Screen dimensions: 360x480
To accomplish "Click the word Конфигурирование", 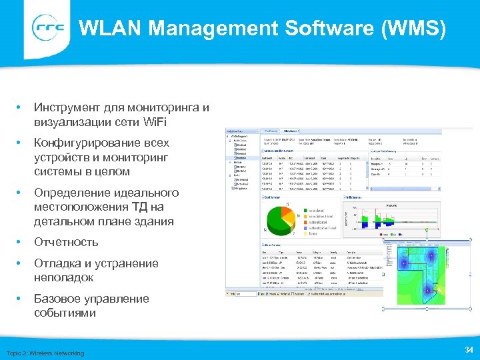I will coord(101,143).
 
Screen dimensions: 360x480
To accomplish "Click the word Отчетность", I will coord(66,242).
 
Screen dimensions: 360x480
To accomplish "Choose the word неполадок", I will coord(64,277).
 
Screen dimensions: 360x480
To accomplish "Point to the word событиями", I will coord(65,313).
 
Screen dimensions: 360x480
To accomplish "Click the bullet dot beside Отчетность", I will coord(21,242).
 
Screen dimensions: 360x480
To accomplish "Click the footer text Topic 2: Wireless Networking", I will coord(45,353).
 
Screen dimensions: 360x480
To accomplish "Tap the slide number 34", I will coord(467,350).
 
